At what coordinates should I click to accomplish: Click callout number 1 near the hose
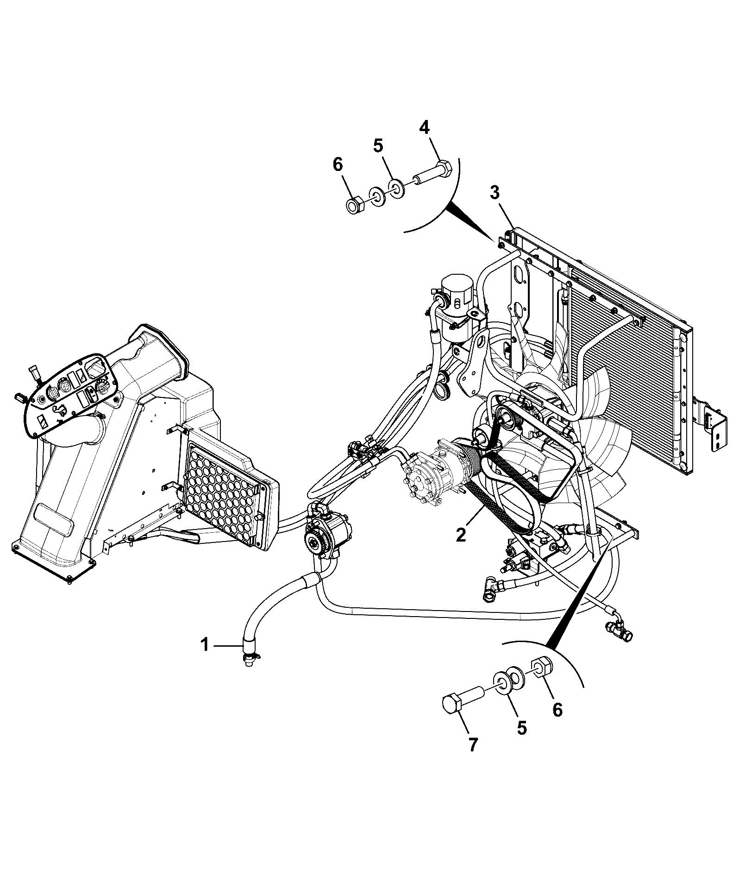[x=205, y=645]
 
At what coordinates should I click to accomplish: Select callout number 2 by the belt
[x=461, y=535]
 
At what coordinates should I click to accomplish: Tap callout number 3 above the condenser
[x=495, y=193]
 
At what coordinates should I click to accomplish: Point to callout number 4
[x=425, y=128]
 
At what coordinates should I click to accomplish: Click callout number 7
[x=473, y=758]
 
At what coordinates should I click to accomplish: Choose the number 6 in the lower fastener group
[x=557, y=709]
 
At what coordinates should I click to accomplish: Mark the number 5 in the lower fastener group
[x=522, y=728]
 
